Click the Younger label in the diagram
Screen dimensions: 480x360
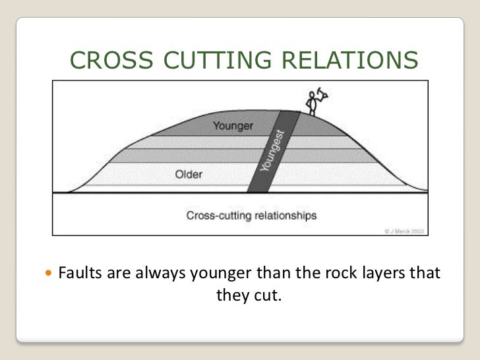click(232, 125)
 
